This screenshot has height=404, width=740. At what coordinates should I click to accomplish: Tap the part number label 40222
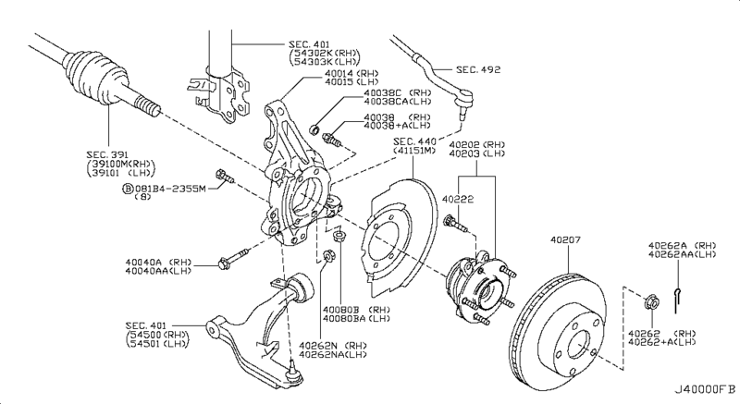(x=457, y=198)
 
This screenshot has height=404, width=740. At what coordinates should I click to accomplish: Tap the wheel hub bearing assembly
(x=476, y=288)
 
